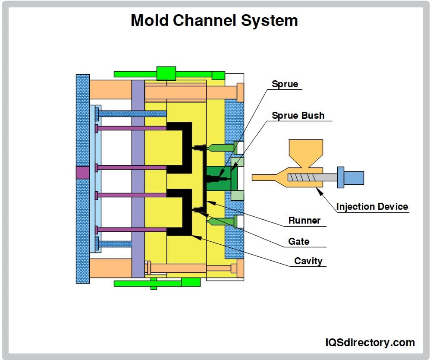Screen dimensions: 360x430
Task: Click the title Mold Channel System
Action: (x=214, y=20)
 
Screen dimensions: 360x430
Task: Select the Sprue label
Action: (x=285, y=84)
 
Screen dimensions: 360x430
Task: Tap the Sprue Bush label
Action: (x=298, y=115)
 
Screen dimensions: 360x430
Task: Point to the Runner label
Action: (x=304, y=220)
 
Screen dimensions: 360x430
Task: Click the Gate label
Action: (x=298, y=241)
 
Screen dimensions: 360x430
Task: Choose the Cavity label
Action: (x=308, y=261)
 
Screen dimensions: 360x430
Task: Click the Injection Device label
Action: (x=372, y=206)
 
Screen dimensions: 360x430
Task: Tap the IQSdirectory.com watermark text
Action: (x=370, y=342)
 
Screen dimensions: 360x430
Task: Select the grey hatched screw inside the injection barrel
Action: (x=304, y=177)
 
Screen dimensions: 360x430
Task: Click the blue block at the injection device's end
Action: (x=353, y=177)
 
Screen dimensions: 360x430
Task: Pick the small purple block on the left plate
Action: (x=82, y=173)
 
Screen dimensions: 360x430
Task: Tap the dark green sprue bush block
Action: (x=218, y=177)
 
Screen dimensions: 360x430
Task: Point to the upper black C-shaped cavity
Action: (x=186, y=147)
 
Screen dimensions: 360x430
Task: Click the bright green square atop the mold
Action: (x=166, y=73)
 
